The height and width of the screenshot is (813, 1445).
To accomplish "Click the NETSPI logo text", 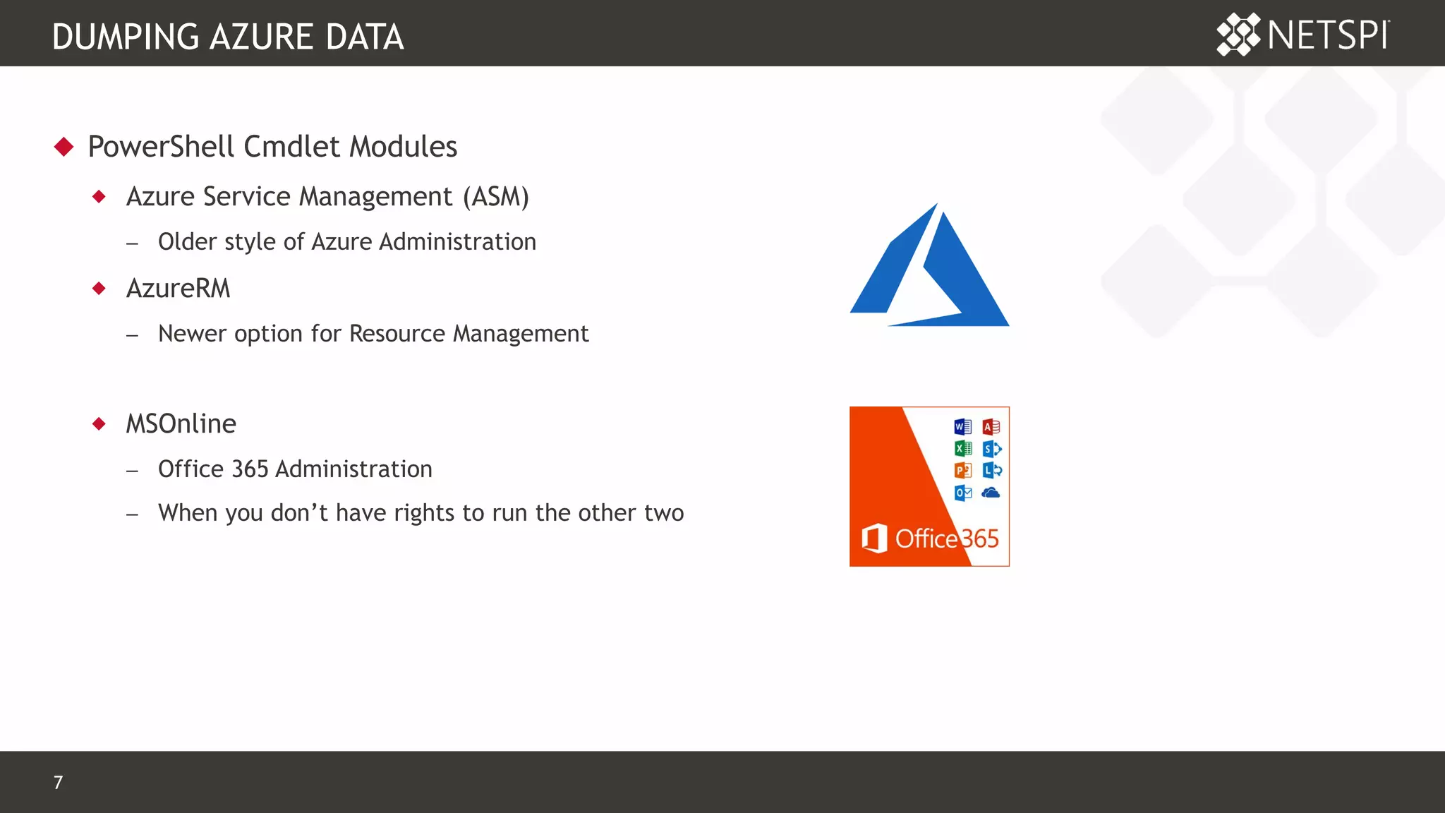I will click(x=1328, y=35).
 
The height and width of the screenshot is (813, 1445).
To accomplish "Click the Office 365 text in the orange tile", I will click(x=947, y=539).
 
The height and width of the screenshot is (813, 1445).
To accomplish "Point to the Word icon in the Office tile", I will click(x=962, y=427).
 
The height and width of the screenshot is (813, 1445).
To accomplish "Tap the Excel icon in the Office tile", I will click(x=962, y=449).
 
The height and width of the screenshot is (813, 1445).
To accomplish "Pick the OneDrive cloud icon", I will click(x=991, y=493).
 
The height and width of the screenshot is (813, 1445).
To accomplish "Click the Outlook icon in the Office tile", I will click(x=962, y=493).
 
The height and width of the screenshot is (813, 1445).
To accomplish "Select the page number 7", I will click(x=58, y=782).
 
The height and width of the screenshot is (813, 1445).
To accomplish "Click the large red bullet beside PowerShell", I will click(x=64, y=147).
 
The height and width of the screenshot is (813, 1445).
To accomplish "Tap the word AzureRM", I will click(x=178, y=289).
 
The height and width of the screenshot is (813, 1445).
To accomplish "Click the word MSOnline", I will click(x=181, y=424).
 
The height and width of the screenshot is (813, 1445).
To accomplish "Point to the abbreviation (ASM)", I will click(x=495, y=197).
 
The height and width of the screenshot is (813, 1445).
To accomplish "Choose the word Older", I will click(x=187, y=242).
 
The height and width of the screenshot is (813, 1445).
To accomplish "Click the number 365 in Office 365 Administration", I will click(x=250, y=469).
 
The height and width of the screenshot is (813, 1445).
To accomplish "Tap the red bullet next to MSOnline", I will click(x=99, y=424).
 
